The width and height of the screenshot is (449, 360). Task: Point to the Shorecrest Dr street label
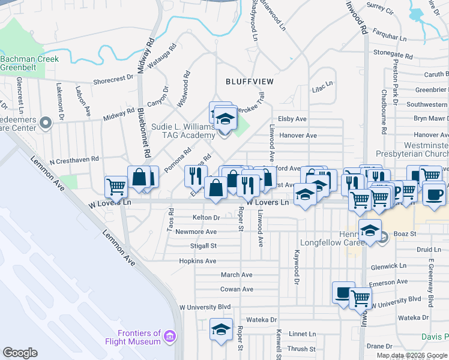click(x=113, y=78)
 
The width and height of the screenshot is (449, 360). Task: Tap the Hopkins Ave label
click(x=197, y=261)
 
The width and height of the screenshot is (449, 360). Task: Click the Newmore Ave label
click(x=196, y=232)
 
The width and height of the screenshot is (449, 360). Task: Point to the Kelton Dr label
click(x=206, y=217)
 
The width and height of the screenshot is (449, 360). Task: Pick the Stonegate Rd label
click(x=393, y=54)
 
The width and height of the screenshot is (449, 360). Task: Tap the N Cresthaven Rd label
click(x=74, y=161)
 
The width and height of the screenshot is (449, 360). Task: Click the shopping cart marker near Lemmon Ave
click(x=115, y=186)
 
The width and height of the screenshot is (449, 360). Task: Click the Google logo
click(x=20, y=353)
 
